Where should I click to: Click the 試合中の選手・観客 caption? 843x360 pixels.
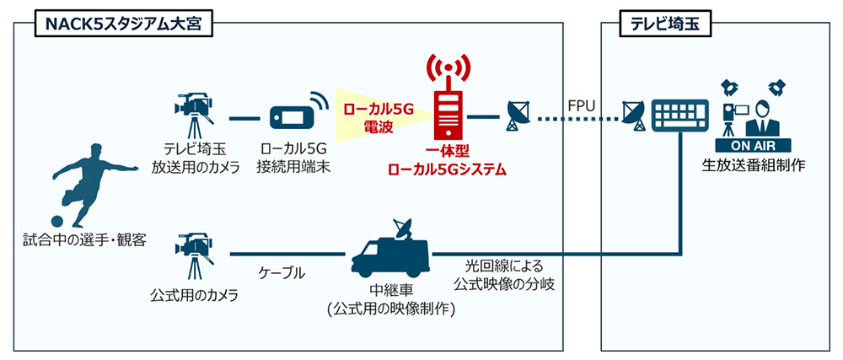point(84,240)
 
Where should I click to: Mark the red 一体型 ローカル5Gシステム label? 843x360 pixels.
point(447,161)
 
